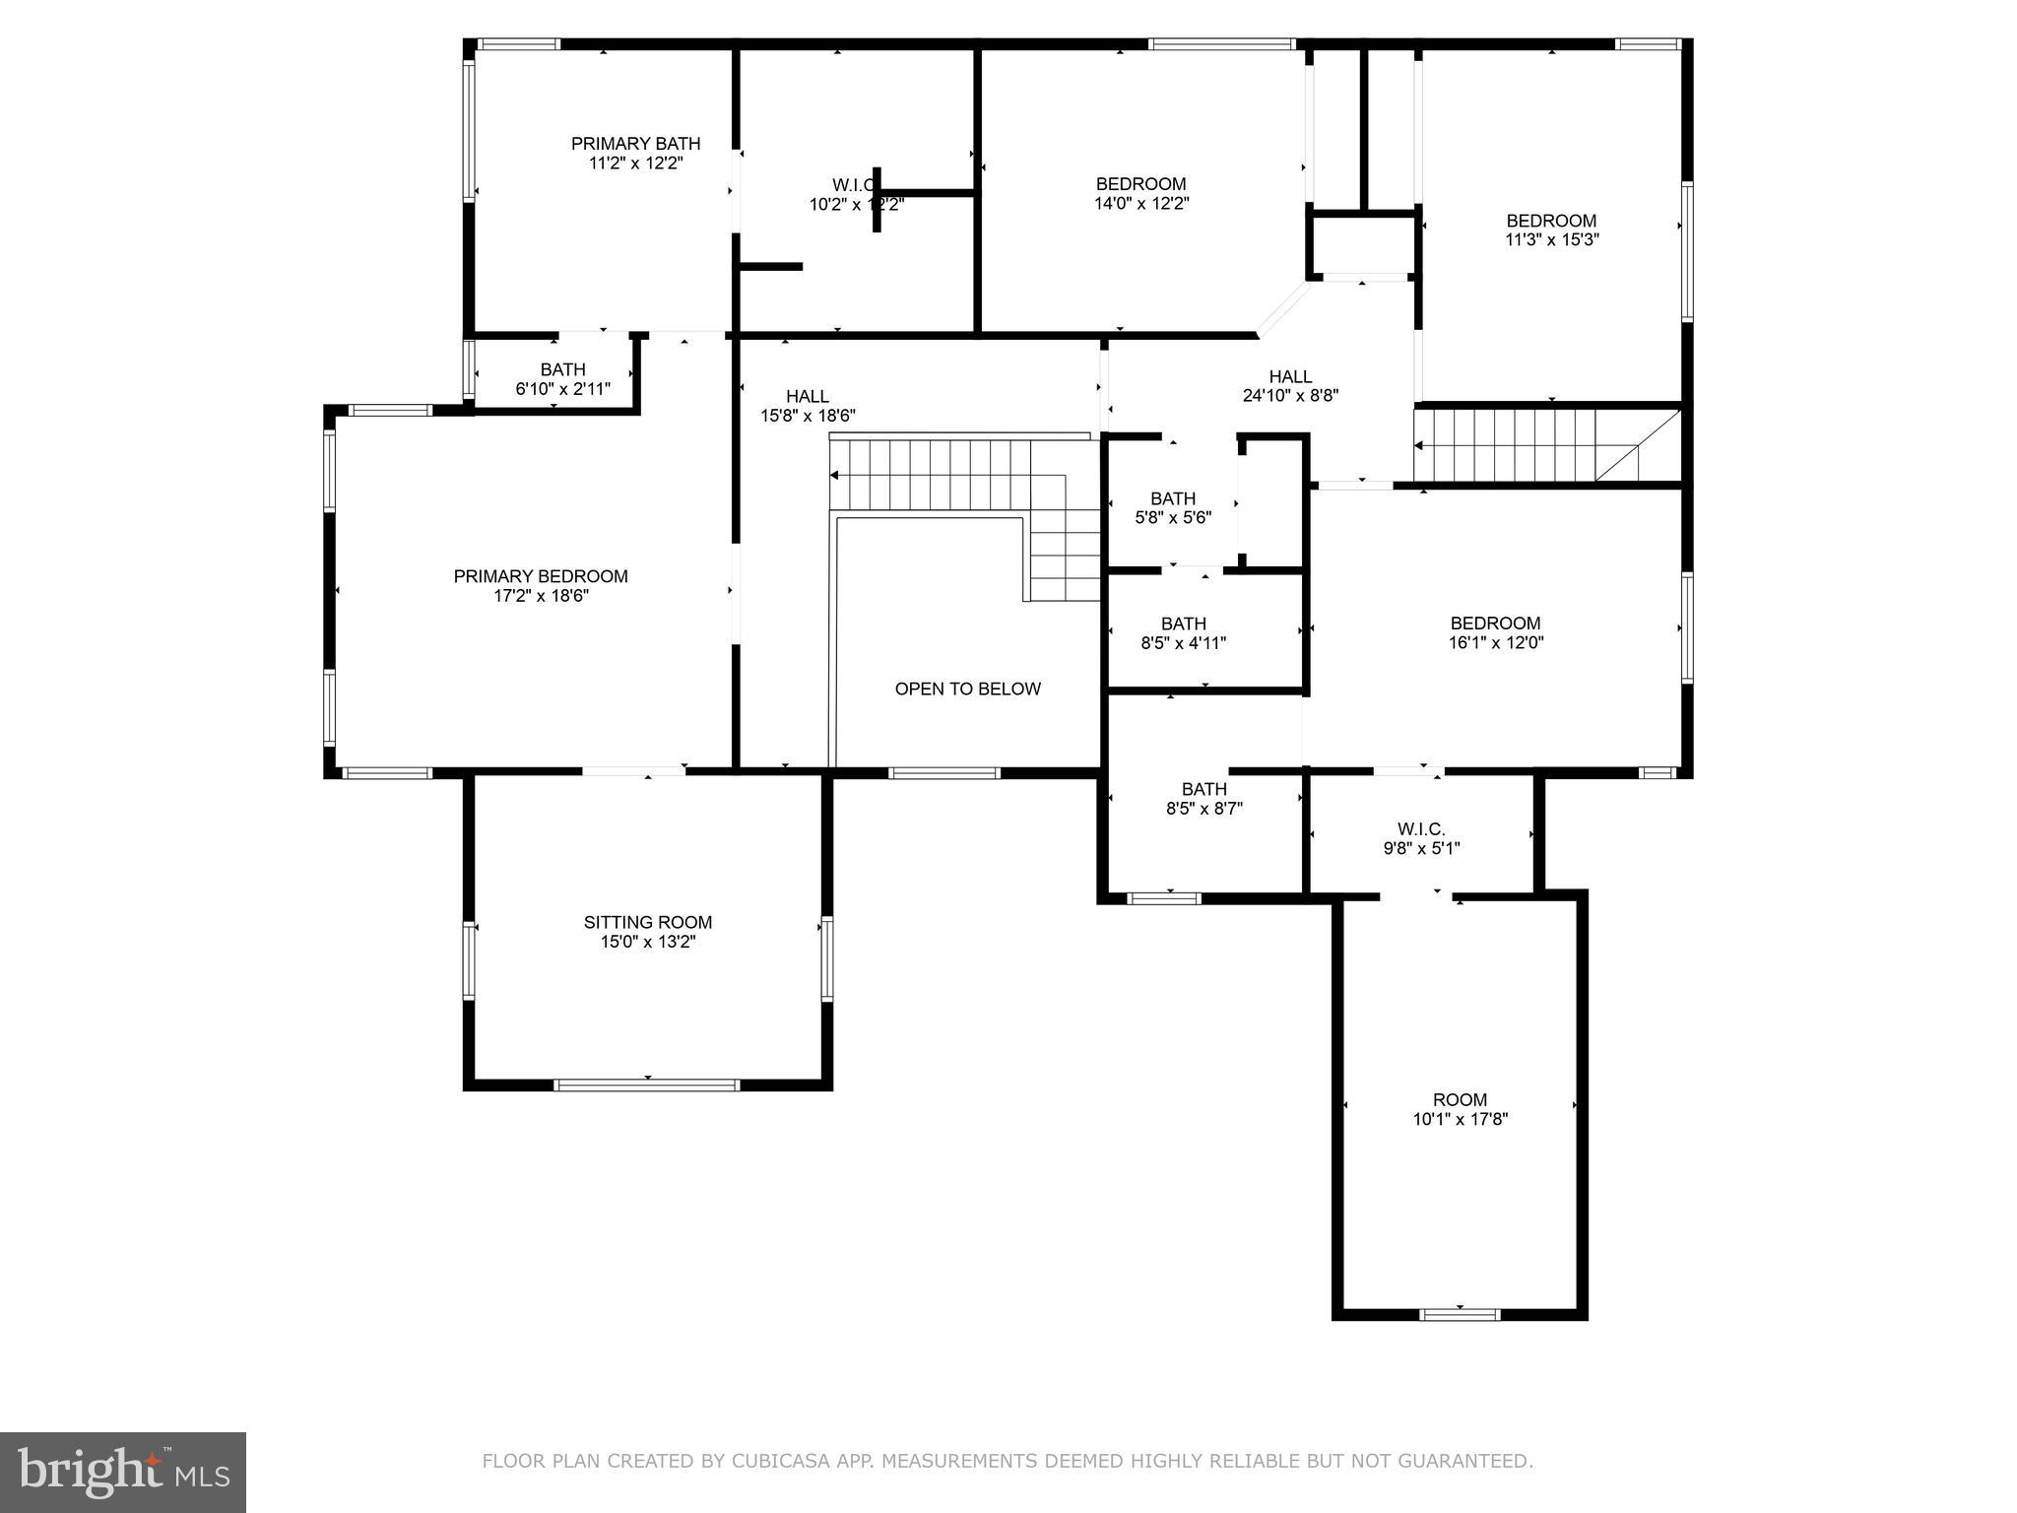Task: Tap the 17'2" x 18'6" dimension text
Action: point(541,596)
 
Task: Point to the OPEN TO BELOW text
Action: point(967,690)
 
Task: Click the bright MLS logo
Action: point(122,1472)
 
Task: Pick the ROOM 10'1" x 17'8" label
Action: point(1460,1109)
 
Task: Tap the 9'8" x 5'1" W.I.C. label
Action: point(1421,839)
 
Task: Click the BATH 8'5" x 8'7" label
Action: point(1204,799)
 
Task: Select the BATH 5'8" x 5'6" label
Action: point(1172,508)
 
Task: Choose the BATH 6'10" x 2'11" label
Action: point(562,379)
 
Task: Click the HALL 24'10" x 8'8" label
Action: point(1290,386)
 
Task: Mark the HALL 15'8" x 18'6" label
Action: point(807,406)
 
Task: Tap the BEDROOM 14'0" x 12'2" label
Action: point(1140,194)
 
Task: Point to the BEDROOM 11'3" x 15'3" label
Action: point(1551,230)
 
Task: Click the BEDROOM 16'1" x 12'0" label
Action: point(1494,632)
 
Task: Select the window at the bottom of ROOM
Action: point(1460,1314)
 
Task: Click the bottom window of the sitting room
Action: point(646,1085)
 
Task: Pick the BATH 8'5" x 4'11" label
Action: point(1183,633)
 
